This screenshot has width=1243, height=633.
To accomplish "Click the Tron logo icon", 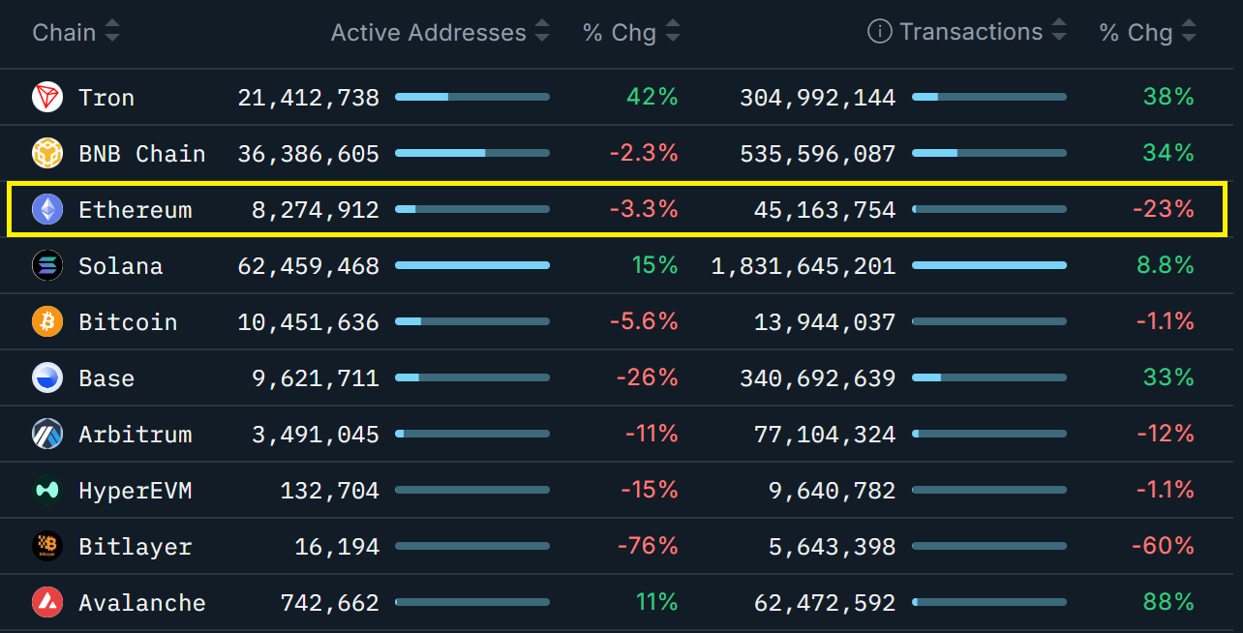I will click(47, 97).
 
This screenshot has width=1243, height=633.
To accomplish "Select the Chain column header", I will click(64, 32).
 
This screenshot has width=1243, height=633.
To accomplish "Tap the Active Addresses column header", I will click(428, 32).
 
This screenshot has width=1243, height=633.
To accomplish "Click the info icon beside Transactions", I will click(879, 32).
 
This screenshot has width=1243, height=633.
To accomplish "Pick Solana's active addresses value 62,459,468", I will click(308, 266).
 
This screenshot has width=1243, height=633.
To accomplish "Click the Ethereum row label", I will click(135, 210).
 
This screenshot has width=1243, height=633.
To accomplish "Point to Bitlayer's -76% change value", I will click(647, 547).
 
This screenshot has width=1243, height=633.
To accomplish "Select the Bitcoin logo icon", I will click(47, 321).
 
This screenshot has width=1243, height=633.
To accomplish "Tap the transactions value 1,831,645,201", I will click(803, 266).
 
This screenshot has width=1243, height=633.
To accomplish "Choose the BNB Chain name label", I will click(141, 154).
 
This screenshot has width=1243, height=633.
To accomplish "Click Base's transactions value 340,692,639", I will click(817, 378).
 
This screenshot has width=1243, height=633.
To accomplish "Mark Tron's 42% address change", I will click(652, 98).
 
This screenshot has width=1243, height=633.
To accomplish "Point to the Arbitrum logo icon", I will click(47, 434).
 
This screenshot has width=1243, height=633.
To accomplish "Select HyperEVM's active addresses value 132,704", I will click(329, 491).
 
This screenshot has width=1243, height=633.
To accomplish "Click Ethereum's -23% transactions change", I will click(1163, 210).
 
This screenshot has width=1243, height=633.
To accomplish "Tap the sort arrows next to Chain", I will click(112, 32).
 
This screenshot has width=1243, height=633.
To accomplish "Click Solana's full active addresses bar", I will click(472, 265).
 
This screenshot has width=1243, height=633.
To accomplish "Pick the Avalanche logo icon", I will click(47, 602).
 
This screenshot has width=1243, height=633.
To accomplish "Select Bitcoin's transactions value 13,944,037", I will click(825, 322).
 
